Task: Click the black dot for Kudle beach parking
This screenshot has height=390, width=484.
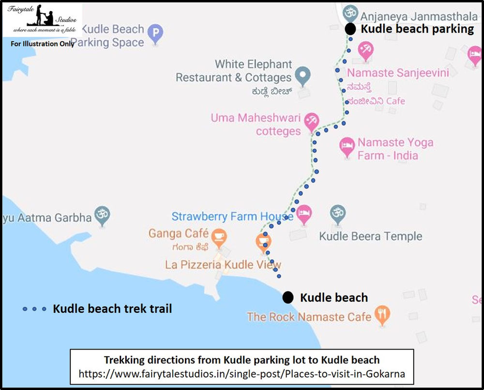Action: (350, 29)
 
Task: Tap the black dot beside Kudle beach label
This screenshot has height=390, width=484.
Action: (288, 297)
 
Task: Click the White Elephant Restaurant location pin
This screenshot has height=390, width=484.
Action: (303, 75)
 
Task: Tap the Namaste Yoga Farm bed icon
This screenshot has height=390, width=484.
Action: (347, 146)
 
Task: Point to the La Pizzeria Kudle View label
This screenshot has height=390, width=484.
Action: (223, 264)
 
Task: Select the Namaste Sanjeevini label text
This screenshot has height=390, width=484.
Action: (398, 73)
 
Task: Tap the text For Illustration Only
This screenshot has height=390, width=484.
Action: (43, 43)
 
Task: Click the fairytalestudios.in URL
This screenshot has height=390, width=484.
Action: (242, 374)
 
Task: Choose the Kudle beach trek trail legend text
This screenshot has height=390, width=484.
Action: (112, 308)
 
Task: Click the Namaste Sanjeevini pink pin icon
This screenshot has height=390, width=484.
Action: (365, 50)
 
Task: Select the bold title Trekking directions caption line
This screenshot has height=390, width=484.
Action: (242, 360)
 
